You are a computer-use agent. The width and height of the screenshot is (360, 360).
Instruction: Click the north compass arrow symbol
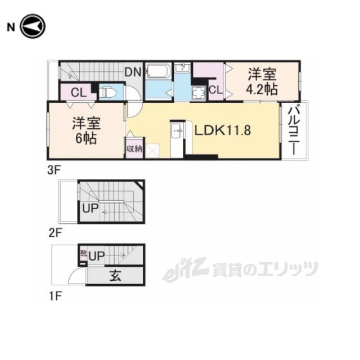coord(33,26)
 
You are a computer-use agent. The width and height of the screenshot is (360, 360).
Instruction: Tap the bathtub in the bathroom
coord(159,71)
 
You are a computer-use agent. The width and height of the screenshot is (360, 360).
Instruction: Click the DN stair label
coord(133,73)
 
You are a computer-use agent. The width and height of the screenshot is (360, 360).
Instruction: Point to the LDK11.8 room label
coord(223,130)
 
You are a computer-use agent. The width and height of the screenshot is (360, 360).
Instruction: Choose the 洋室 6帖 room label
coord(86,130)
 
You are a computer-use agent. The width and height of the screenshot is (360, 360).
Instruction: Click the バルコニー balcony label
coord(294,130)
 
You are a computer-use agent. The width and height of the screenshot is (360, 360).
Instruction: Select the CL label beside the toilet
coord(79,93)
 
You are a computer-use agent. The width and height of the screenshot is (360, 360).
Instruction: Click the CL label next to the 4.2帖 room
coord(215,90)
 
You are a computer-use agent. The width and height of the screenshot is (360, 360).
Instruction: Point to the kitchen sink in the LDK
coord(177,130)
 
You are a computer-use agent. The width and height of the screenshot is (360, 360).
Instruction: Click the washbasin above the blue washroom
coord(182,68)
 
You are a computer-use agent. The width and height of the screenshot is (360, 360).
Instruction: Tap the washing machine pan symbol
coord(199,93)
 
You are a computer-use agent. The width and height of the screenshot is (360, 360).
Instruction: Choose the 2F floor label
coord(55,233)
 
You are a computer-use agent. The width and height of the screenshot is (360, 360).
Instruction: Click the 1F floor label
coord(55,296)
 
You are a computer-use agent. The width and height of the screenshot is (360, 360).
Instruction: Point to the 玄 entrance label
coord(115,276)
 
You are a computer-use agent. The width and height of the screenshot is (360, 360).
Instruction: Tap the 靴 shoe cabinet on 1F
coord(83,254)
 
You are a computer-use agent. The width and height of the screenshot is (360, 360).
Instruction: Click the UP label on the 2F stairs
coord(90,209)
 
